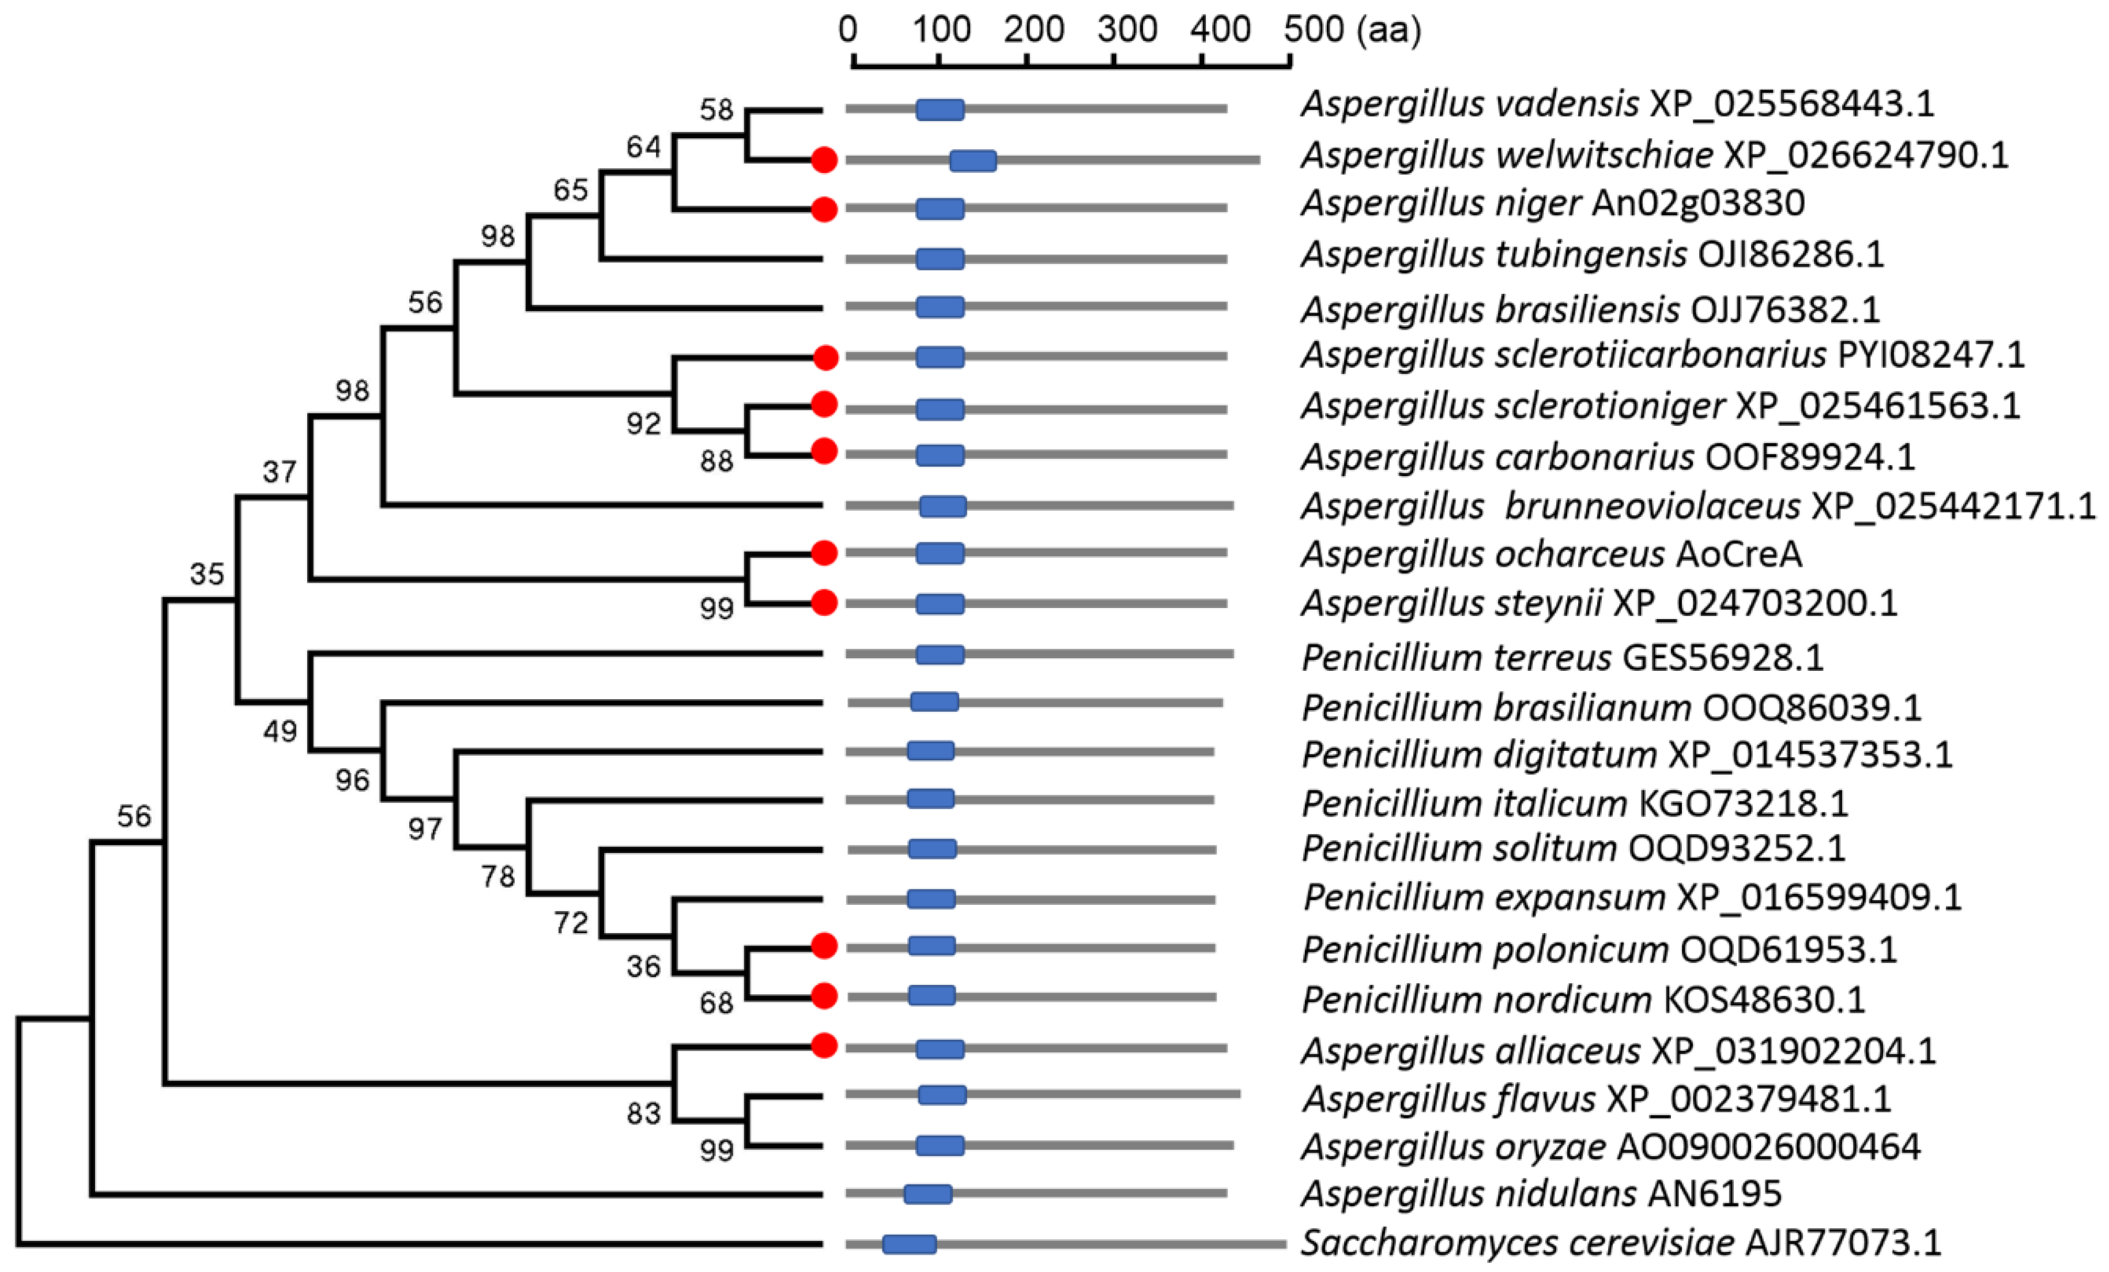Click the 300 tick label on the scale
(x=1126, y=30)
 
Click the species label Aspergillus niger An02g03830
(x=1553, y=203)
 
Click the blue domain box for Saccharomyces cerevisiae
(x=909, y=1244)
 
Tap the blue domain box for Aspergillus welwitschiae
(x=972, y=161)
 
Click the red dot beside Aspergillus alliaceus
(x=824, y=1045)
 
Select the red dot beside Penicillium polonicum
(x=824, y=946)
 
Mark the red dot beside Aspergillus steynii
(x=824, y=603)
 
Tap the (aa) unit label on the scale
(x=1389, y=30)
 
